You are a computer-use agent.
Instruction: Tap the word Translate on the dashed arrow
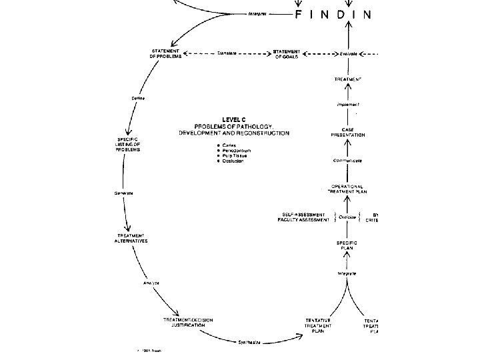click(x=229, y=54)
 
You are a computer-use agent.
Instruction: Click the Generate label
click(x=123, y=193)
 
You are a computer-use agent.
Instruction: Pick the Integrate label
click(x=345, y=273)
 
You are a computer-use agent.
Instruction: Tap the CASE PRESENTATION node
click(x=348, y=131)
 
